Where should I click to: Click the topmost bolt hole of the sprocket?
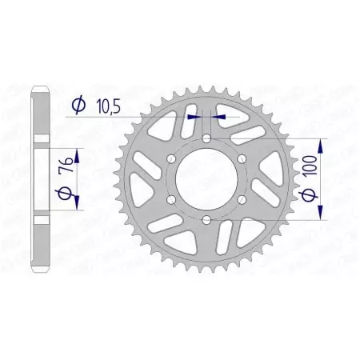[206, 139]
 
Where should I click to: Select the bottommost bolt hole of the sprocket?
[206, 219]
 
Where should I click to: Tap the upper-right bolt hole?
[241, 159]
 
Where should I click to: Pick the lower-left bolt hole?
[172, 199]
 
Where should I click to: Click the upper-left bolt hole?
[172, 159]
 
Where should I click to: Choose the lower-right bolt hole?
[241, 199]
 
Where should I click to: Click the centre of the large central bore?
[206, 179]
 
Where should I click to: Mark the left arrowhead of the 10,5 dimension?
[193, 115]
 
